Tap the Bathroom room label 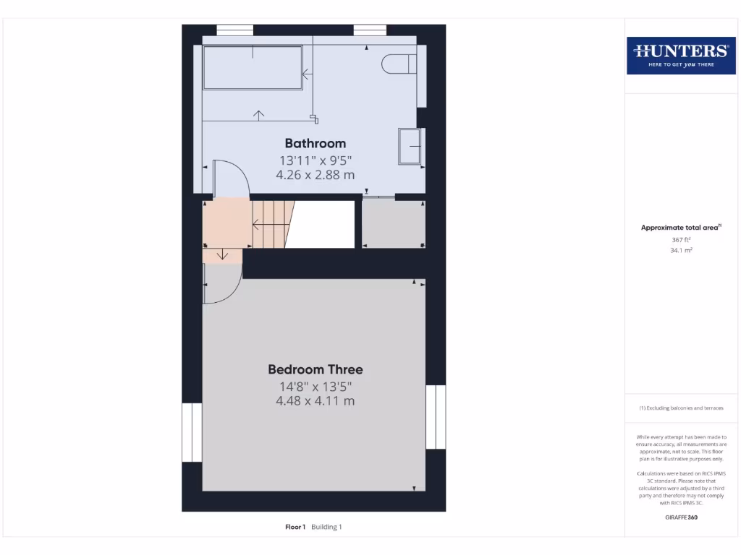[x=315, y=143]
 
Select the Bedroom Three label [x=315, y=369]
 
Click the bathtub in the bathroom [x=252, y=68]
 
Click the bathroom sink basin [x=410, y=147]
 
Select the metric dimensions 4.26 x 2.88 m [x=315, y=175]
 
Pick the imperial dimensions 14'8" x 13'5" [x=315, y=386]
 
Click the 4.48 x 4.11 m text [x=315, y=401]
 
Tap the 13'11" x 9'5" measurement [x=315, y=160]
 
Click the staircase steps [x=271, y=224]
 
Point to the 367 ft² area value [x=680, y=239]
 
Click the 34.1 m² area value [x=680, y=250]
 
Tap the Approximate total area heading [x=680, y=228]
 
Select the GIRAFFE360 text [x=680, y=517]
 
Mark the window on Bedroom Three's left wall [x=192, y=432]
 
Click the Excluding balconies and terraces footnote [x=680, y=408]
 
